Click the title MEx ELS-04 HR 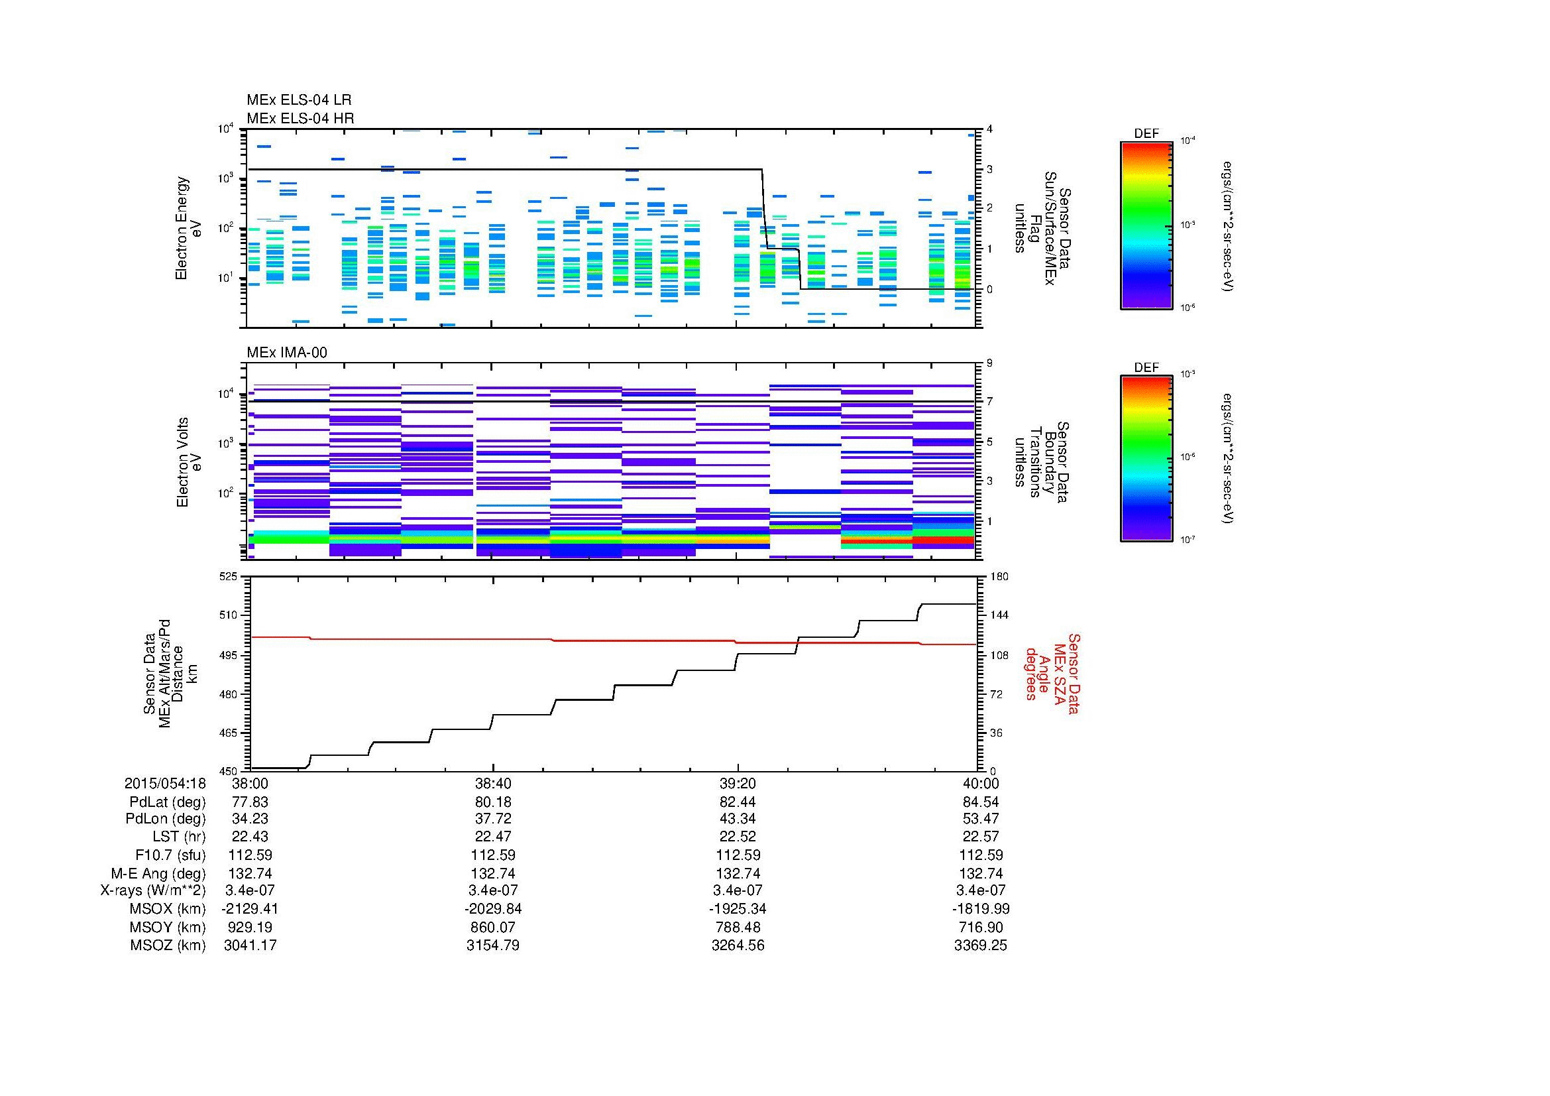coord(300,118)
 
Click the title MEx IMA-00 coord(287,353)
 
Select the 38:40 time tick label coord(494,783)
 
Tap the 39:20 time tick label coord(738,783)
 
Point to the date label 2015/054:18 coord(165,783)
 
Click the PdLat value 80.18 coord(494,802)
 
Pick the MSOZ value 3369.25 coord(980,945)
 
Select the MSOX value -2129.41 coord(250,909)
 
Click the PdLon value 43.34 coord(738,819)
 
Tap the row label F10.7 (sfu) coord(170,855)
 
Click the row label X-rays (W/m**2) coord(153,890)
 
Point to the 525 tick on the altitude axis coord(229,577)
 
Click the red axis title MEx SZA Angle coord(1052,673)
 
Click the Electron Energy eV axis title coord(189,228)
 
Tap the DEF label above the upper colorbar coord(1146,134)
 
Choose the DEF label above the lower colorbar coord(1146,367)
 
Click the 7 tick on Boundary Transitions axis coord(989,402)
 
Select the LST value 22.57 coord(980,837)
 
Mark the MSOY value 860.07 coord(494,927)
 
